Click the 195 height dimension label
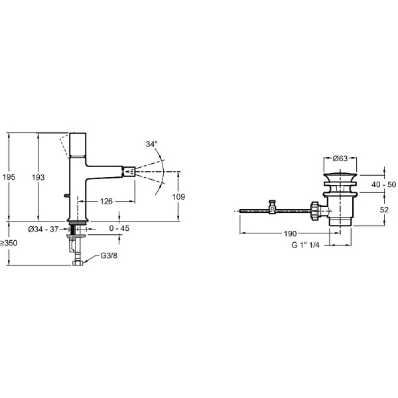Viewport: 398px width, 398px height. pyautogui.click(x=9, y=177)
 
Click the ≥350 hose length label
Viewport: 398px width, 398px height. pyautogui.click(x=10, y=243)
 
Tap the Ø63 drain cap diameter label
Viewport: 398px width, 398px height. pyautogui.click(x=340, y=158)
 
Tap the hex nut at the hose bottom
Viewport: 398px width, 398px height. pyautogui.click(x=78, y=263)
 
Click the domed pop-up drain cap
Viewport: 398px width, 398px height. pyautogui.click(x=340, y=176)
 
